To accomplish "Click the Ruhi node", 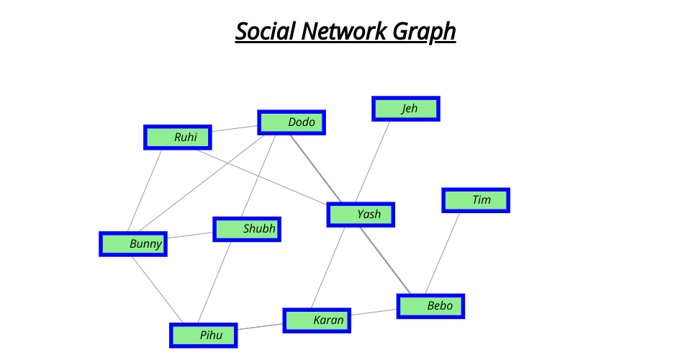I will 177,137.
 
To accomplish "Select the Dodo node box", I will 292,122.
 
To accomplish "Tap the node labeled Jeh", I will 405,109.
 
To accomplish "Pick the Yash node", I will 361,215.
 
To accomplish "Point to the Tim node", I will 476,200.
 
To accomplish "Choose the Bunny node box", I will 133,244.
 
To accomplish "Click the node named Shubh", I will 247,229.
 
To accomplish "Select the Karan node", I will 317,320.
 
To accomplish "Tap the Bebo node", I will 430,306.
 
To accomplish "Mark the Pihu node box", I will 203,335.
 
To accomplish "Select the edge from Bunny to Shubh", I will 190,237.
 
